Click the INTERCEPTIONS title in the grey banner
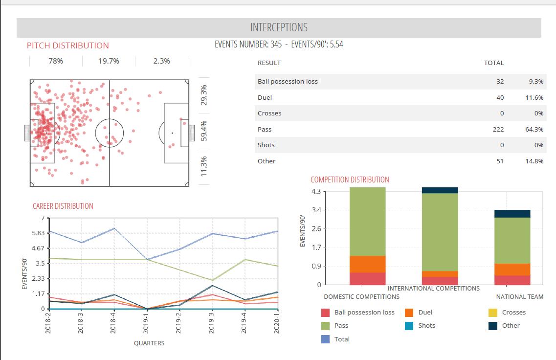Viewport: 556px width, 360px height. coord(279,28)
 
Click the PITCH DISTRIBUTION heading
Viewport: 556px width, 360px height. coord(68,45)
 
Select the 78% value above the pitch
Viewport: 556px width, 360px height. coord(56,61)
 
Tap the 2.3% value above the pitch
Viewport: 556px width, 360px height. coord(161,61)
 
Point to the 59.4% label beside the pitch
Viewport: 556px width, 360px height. coord(204,131)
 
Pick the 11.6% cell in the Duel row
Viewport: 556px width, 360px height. coord(534,97)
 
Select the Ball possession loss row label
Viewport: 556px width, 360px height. coord(288,81)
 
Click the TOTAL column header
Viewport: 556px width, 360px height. coord(493,63)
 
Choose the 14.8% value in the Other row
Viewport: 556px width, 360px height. coord(534,161)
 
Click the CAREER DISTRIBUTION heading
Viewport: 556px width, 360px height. coord(63,206)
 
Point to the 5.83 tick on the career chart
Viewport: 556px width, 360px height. coord(38,233)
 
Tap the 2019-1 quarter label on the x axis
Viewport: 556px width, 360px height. coord(146,323)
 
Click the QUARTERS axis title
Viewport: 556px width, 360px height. coord(149,343)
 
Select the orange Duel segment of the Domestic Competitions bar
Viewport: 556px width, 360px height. coord(368,264)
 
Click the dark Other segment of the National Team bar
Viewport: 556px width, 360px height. coord(512,213)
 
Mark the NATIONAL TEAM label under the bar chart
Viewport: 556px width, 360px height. coord(519,296)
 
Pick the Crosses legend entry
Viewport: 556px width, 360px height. coord(513,312)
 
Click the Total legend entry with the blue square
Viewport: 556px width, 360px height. coord(342,339)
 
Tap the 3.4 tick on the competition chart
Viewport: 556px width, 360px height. coord(316,210)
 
